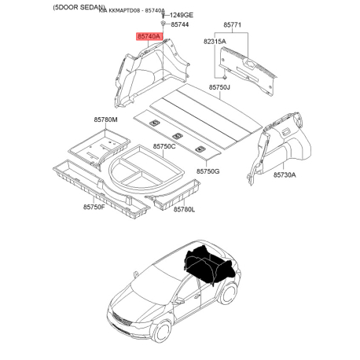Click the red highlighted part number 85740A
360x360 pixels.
148,36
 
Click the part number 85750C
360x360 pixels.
164,146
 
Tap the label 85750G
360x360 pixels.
208,171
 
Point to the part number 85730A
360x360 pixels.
285,176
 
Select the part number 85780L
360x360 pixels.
183,209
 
